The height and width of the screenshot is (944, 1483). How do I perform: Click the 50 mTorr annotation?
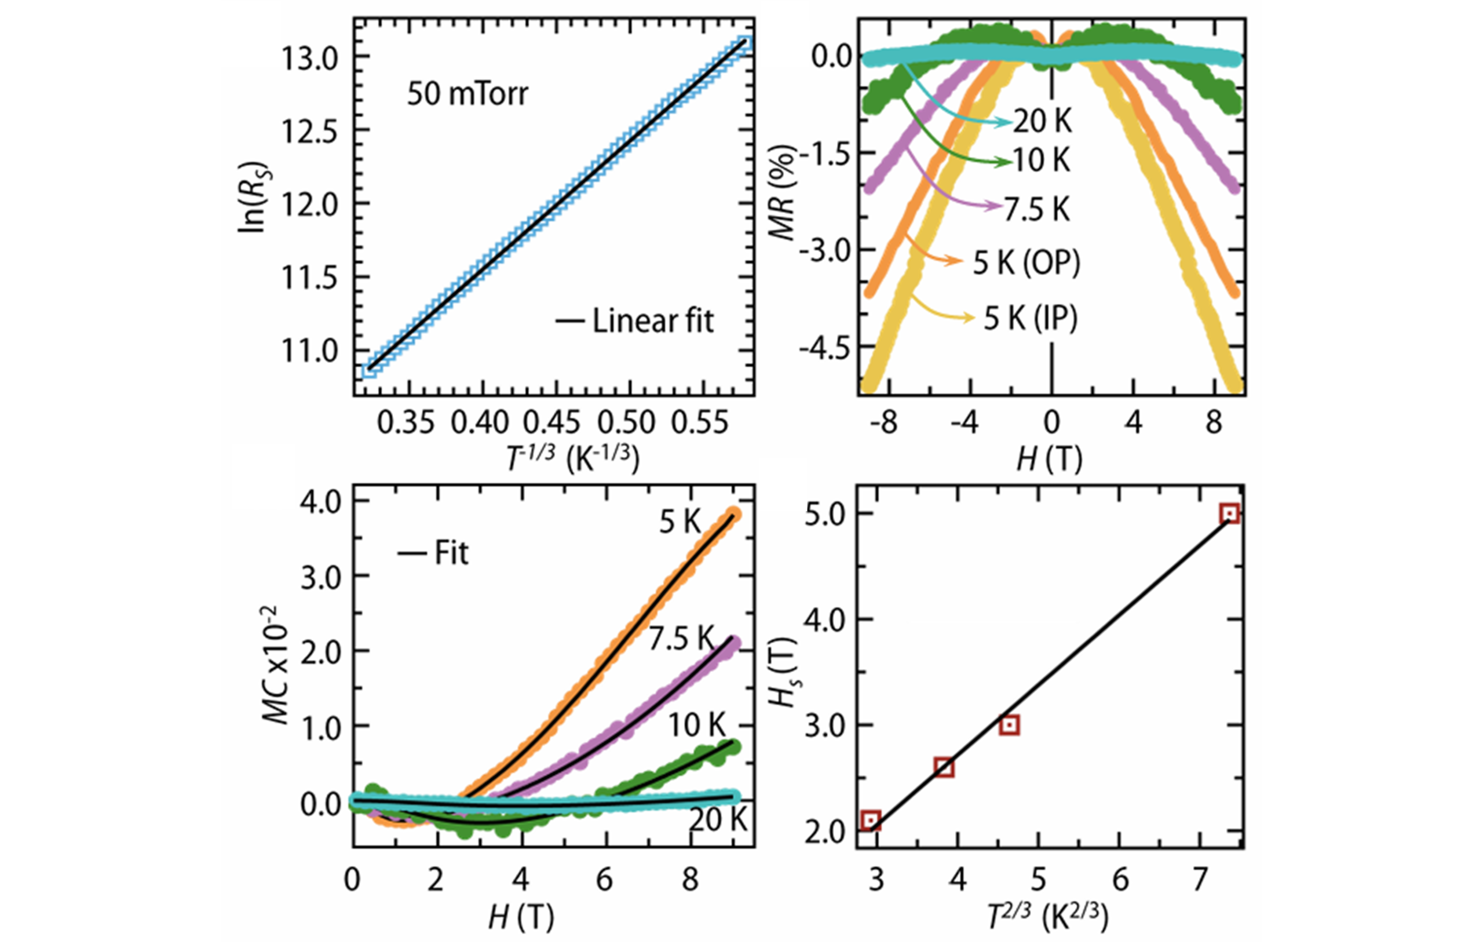tap(467, 94)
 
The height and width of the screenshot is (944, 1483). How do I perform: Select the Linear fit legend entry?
tap(634, 321)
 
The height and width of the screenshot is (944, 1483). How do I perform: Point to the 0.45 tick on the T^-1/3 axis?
tap(552, 423)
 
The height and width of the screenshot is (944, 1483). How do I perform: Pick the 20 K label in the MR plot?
tap(1043, 121)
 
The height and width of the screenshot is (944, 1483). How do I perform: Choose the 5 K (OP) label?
tap(1026, 263)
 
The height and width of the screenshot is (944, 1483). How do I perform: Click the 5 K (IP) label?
tap(1031, 318)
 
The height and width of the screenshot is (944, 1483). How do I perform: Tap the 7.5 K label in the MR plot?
tap(1037, 210)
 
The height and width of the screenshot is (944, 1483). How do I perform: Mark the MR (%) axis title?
tap(783, 192)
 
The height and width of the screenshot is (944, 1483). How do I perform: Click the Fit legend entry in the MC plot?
tap(433, 553)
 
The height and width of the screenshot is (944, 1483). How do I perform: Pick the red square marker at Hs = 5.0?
tap(1229, 513)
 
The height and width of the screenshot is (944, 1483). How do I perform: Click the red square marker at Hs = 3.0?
tap(1009, 726)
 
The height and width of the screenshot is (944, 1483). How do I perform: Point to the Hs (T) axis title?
tap(783, 672)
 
